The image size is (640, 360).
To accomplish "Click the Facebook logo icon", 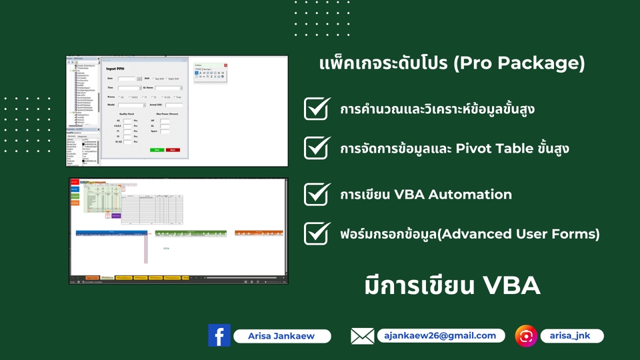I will (x=219, y=335).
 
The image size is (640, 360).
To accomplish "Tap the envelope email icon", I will (x=362, y=336).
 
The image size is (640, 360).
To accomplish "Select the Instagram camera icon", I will (x=526, y=336).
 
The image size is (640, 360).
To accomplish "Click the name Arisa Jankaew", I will (x=282, y=337).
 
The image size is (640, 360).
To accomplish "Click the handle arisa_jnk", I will (x=572, y=336).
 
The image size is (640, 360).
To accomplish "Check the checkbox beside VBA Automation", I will (x=317, y=194).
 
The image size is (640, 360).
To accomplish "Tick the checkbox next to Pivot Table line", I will (x=317, y=147).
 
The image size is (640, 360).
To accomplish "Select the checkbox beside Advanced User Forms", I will (x=317, y=233).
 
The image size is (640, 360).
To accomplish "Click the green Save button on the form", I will (x=157, y=150).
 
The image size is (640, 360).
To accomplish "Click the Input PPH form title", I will (x=117, y=69).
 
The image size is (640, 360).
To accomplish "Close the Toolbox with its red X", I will (x=225, y=65).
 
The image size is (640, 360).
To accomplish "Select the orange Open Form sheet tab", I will (x=92, y=277).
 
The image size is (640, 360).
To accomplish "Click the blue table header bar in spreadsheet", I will (x=111, y=233).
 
